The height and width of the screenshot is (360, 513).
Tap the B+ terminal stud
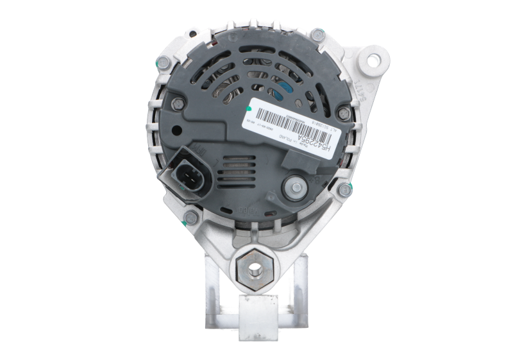coord(296,186)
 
